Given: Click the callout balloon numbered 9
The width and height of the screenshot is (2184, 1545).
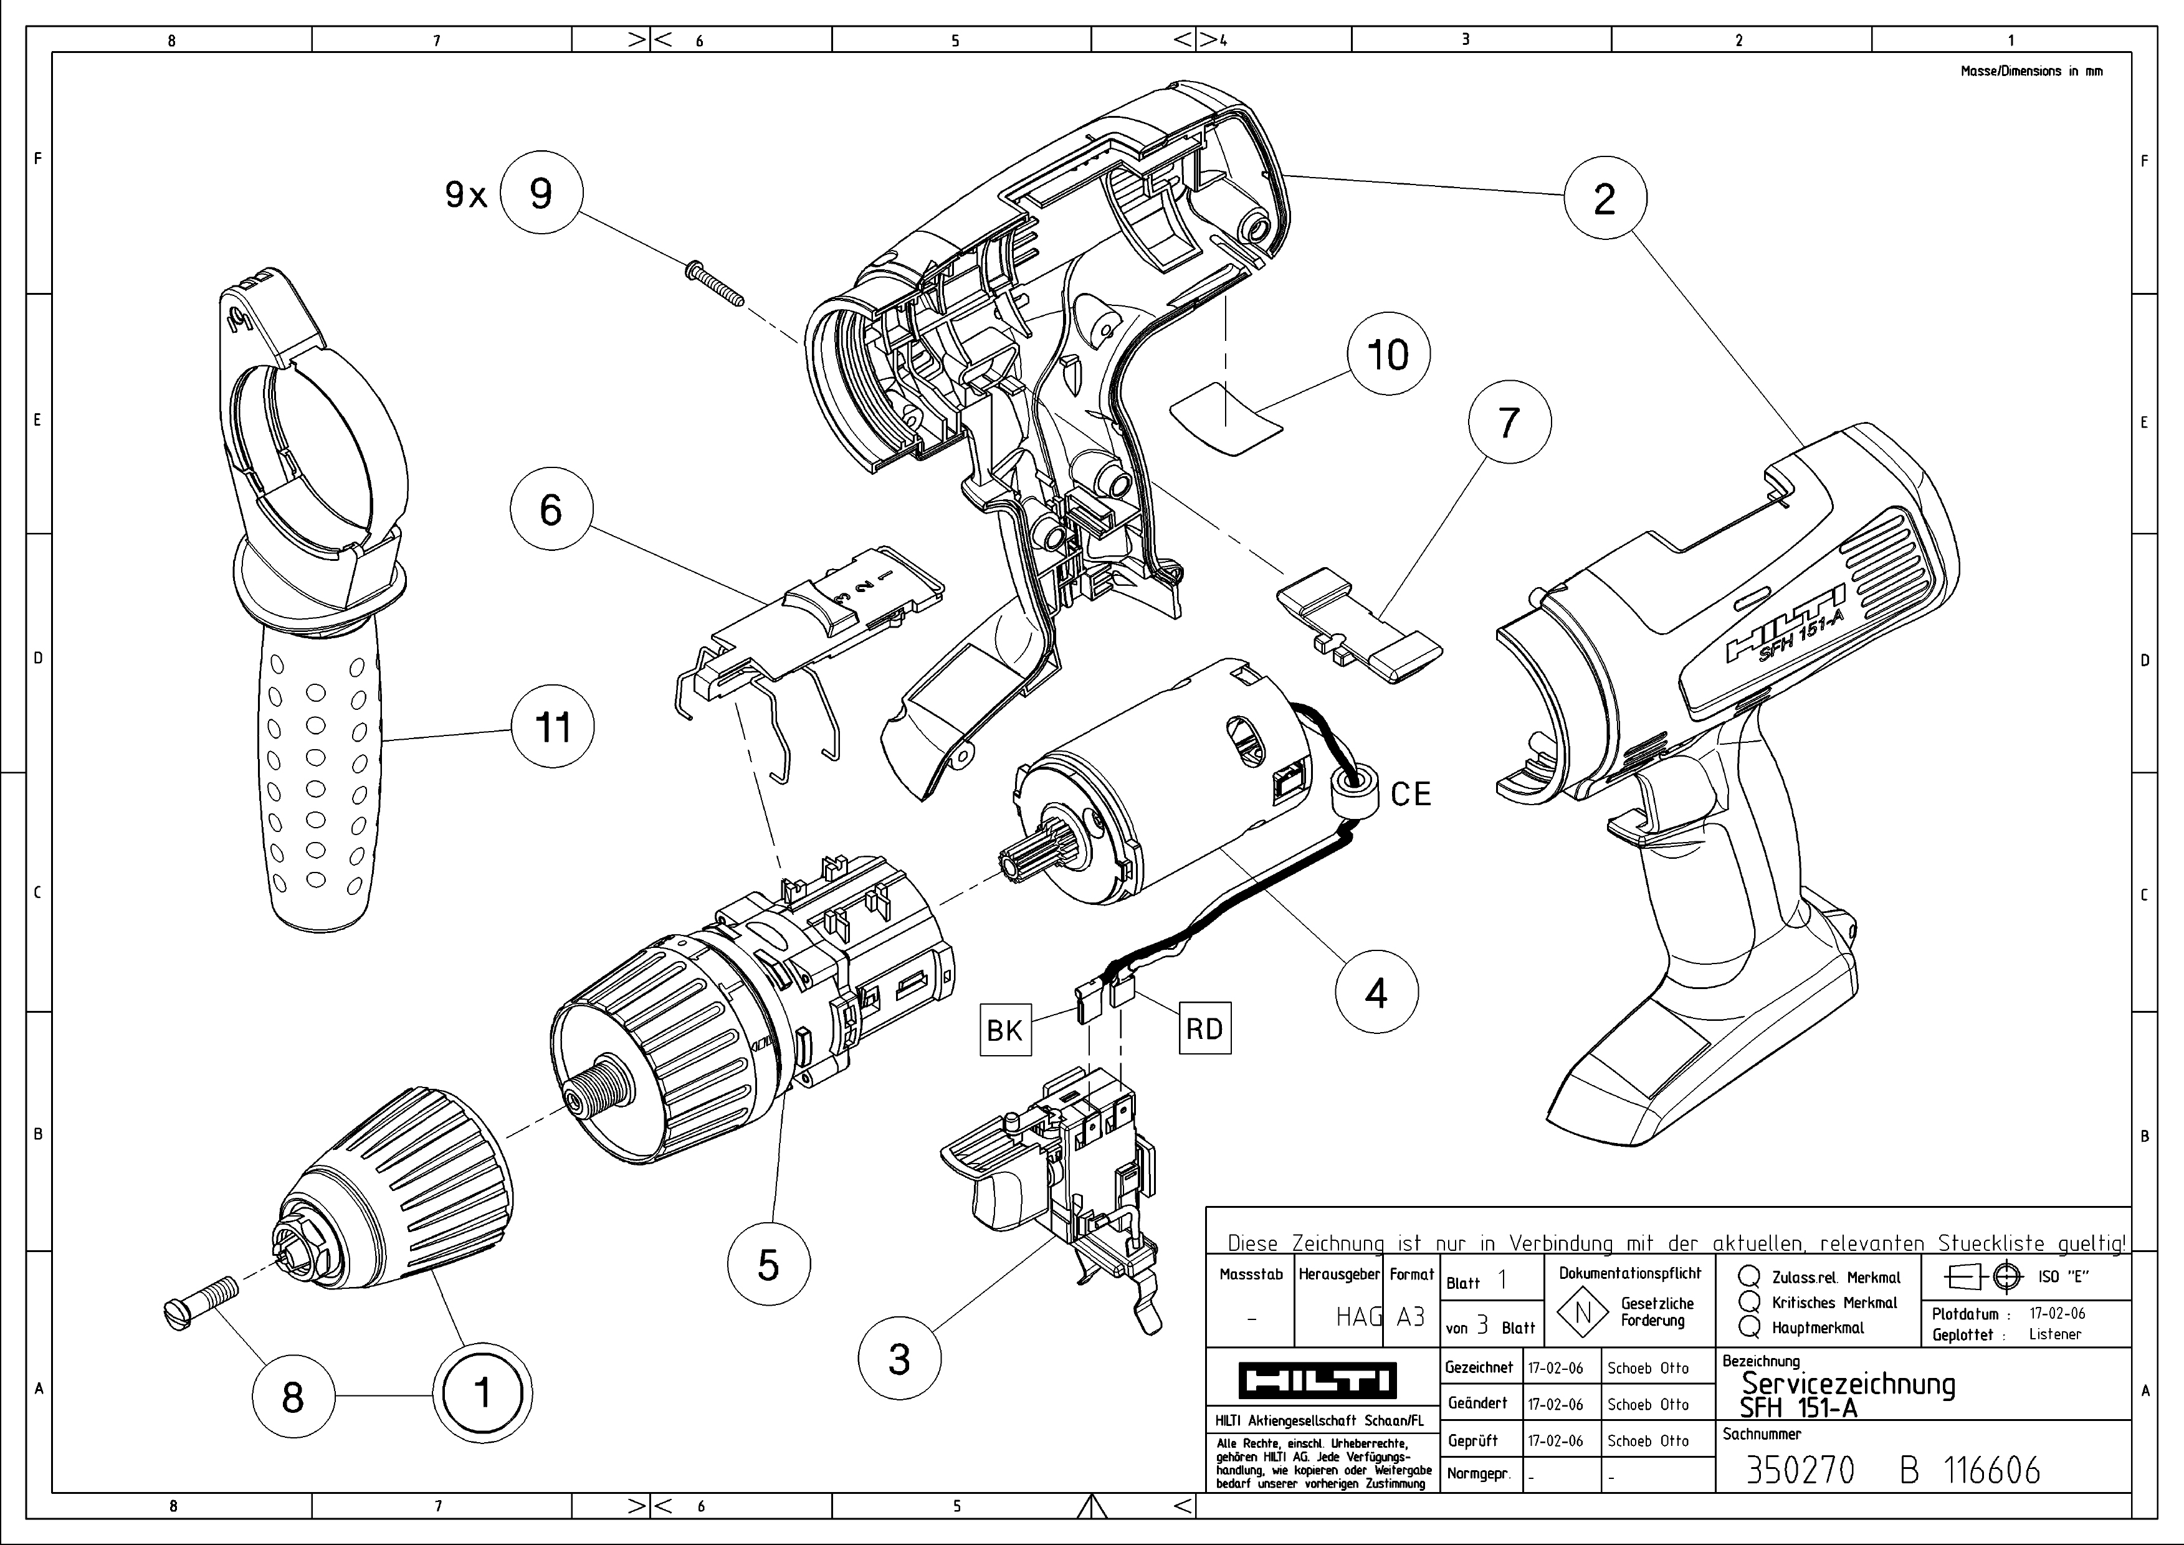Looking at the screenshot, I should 540,193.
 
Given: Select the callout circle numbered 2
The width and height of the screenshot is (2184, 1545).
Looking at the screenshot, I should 1604,198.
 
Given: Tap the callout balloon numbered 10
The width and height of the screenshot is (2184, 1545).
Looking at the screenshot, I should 1388,354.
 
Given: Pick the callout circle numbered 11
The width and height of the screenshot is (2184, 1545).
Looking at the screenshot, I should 553,727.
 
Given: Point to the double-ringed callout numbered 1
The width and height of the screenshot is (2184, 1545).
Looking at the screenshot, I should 482,1394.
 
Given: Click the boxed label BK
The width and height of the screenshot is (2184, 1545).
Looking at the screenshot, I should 1004,1030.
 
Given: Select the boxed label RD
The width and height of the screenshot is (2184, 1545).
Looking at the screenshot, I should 1204,1028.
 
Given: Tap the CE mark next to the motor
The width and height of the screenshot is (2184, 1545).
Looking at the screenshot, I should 1409,793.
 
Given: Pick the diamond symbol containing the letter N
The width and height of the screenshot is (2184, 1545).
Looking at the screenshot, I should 1583,1313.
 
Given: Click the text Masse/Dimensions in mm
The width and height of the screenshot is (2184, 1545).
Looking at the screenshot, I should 2031,70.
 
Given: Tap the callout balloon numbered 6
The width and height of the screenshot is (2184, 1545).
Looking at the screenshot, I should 551,509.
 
